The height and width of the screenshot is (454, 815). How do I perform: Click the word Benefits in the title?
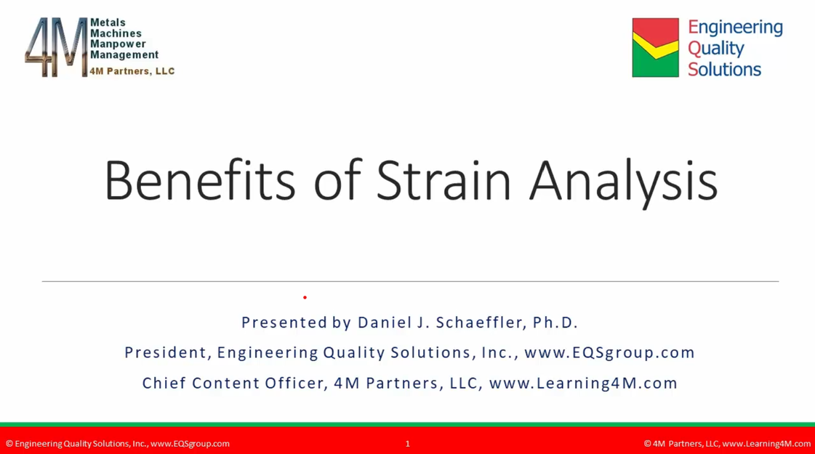click(x=200, y=179)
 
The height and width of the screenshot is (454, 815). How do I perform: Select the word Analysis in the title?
click(x=623, y=179)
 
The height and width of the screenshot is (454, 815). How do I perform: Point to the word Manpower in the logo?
click(x=118, y=44)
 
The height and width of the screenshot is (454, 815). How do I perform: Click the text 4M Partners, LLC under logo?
click(x=132, y=71)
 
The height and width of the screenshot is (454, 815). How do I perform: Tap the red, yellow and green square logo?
click(x=655, y=48)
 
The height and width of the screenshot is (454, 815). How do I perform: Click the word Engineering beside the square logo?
click(x=735, y=28)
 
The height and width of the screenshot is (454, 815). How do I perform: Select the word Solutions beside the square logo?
click(x=724, y=70)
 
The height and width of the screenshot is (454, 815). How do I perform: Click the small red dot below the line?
click(x=305, y=297)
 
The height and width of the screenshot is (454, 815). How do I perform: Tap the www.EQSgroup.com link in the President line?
click(x=609, y=353)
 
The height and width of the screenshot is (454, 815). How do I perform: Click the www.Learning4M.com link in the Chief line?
click(x=583, y=384)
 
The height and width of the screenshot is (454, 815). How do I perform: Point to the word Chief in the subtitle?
click(x=164, y=384)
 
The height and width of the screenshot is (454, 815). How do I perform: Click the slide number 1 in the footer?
click(x=407, y=444)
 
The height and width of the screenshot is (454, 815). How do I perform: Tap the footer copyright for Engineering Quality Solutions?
click(x=118, y=444)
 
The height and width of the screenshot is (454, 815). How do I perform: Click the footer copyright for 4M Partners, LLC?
click(x=727, y=444)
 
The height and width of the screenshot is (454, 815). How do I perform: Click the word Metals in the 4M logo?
click(x=108, y=23)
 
